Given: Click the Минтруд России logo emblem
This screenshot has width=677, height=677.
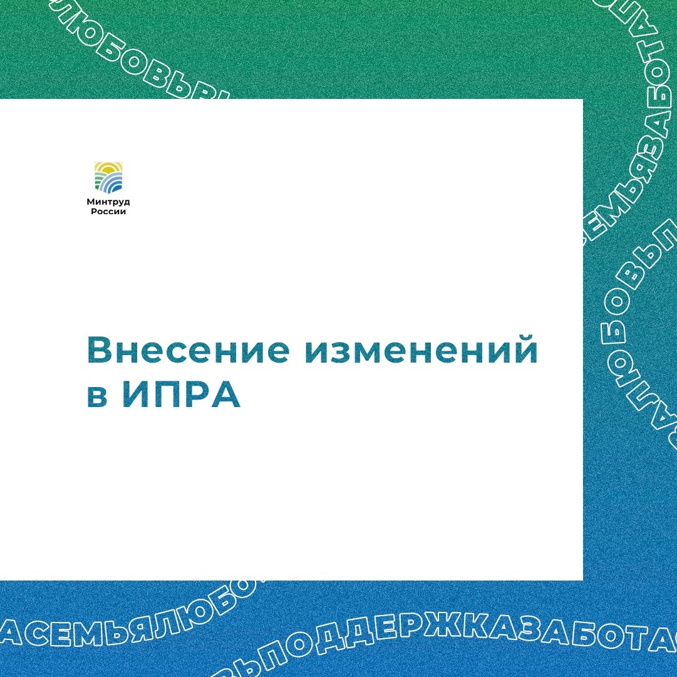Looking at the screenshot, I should (108, 177).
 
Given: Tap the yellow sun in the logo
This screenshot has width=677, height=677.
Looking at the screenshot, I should (108, 167).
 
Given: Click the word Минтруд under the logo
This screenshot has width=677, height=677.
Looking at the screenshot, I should (108, 202).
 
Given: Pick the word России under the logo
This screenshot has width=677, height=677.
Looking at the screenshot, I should (108, 212).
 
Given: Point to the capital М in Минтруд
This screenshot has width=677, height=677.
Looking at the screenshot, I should (91, 202).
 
